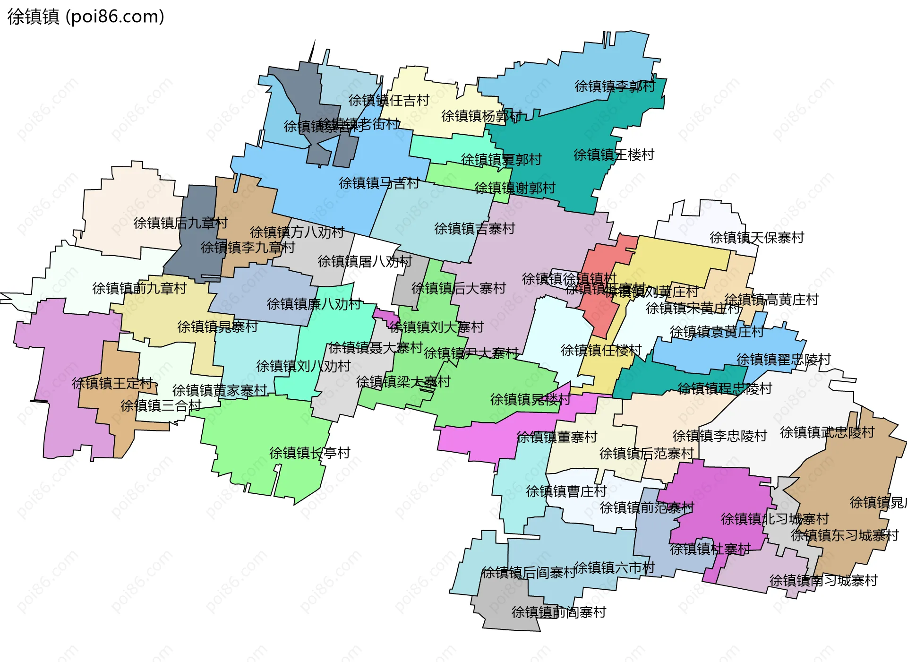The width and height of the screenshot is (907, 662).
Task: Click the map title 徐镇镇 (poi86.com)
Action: pyautogui.click(x=86, y=17)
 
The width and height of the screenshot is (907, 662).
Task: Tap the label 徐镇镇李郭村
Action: pyautogui.click(x=615, y=86)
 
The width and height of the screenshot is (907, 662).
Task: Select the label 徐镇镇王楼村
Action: pyautogui.click(x=614, y=155)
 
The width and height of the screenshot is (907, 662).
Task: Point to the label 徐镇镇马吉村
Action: pyautogui.click(x=379, y=183)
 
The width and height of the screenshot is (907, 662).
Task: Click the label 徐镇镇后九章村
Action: pyautogui.click(x=180, y=223)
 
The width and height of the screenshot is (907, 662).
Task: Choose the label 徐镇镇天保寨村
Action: pyautogui.click(x=756, y=237)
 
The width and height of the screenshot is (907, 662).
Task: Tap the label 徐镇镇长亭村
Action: pyautogui.click(x=309, y=453)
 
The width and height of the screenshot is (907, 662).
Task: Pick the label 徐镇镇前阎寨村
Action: pyautogui.click(x=558, y=612)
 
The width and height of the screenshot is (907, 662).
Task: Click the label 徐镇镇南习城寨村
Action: pyautogui.click(x=823, y=580)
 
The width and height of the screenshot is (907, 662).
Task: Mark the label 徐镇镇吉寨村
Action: pyautogui.click(x=474, y=228)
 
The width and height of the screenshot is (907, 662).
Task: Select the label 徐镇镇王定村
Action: pyautogui.click(x=112, y=383)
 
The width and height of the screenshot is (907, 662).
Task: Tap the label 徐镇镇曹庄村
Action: pyautogui.click(x=566, y=491)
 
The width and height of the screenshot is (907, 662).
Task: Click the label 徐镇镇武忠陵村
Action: pyautogui.click(x=827, y=432)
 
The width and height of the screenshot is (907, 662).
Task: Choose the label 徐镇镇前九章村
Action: pyautogui.click(x=139, y=288)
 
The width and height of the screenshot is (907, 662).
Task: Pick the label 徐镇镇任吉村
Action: pyautogui.click(x=389, y=100)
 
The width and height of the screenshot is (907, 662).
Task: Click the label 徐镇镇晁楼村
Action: pyautogui.click(x=530, y=399)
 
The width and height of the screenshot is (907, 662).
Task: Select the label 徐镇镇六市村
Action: pyautogui.click(x=614, y=567)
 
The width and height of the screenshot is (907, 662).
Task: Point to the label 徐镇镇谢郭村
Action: pyautogui.click(x=514, y=188)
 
